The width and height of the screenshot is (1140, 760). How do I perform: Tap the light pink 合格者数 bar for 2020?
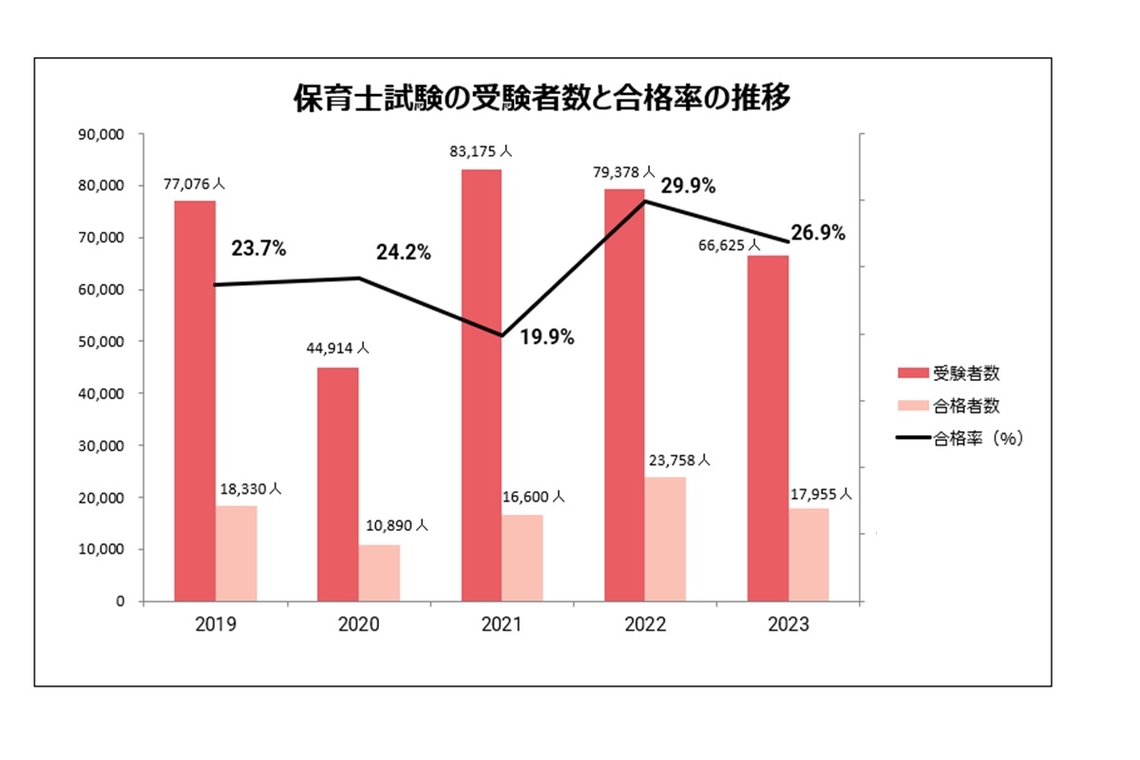click(379, 572)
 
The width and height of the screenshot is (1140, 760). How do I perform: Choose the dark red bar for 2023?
click(768, 427)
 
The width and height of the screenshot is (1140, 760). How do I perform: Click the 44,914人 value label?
click(337, 349)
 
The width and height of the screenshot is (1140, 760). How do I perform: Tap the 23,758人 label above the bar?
click(678, 460)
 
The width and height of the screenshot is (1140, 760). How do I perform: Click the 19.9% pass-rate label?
click(546, 336)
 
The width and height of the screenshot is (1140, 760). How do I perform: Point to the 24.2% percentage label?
click(403, 253)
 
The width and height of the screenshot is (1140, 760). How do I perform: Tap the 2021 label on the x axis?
click(502, 625)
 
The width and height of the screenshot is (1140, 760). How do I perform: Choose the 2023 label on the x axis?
click(788, 625)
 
